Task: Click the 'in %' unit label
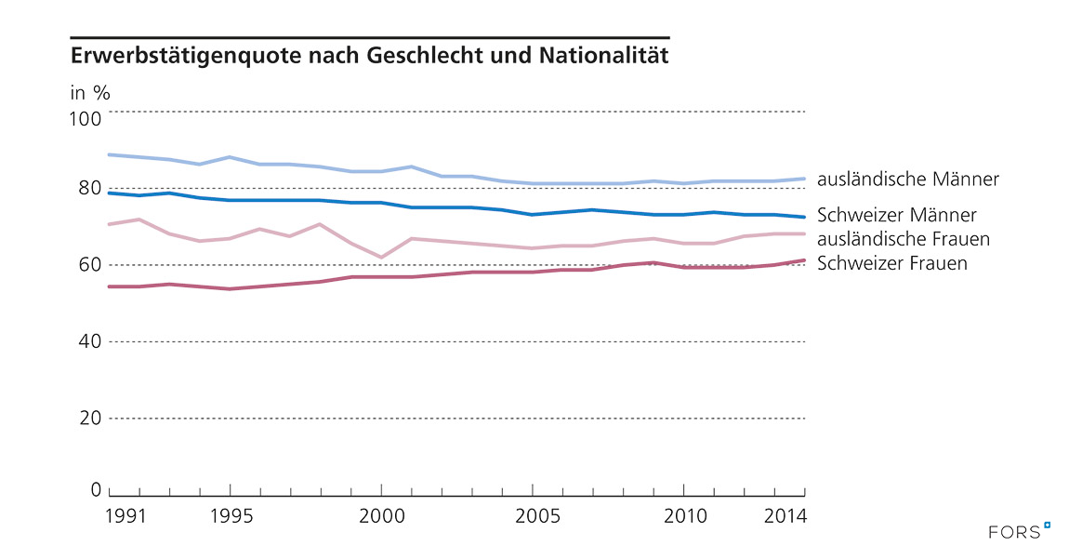[90, 93]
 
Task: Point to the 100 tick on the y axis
[85, 119]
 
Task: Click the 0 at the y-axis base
[95, 489]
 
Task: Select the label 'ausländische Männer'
[908, 179]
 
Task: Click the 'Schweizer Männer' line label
[896, 216]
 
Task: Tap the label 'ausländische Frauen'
[903, 239]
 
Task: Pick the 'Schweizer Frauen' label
[891, 263]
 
